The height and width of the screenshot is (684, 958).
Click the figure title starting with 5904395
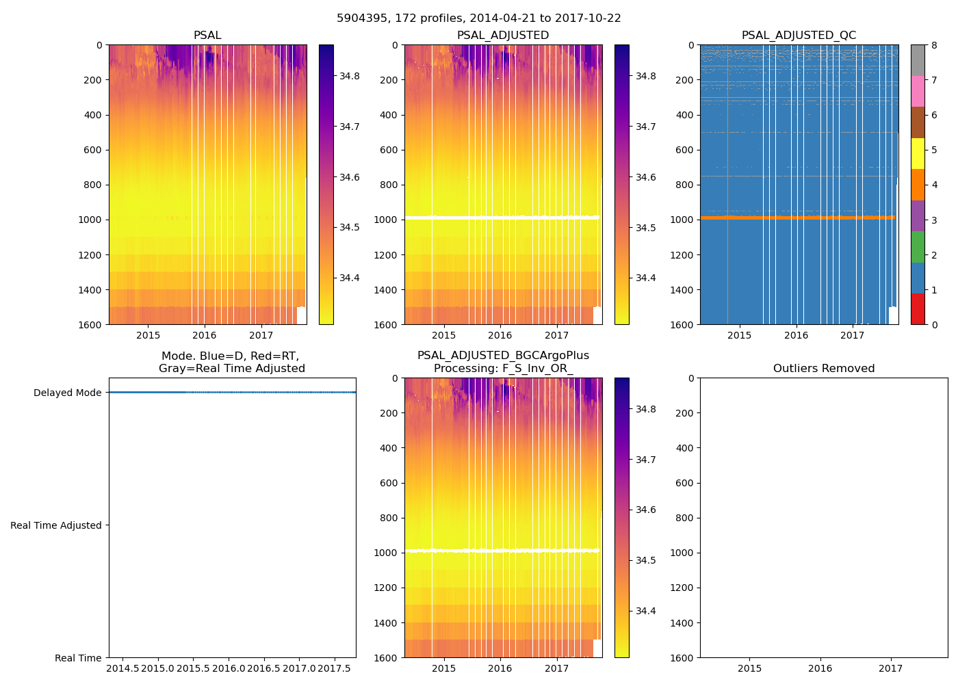[x=479, y=18]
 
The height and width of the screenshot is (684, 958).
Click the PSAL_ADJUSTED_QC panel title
[x=799, y=36]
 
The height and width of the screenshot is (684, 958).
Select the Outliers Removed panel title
[x=824, y=369]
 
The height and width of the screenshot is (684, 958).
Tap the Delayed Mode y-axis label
[x=67, y=393]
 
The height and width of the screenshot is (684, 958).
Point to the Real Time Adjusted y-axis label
[x=56, y=525]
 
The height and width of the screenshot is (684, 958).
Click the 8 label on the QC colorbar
[x=934, y=45]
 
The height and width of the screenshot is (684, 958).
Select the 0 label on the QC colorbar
[x=934, y=324]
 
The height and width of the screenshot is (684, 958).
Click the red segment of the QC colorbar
[x=918, y=308]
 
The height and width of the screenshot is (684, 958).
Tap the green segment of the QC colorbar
[x=918, y=246]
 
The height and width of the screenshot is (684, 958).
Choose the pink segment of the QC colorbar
[x=918, y=91]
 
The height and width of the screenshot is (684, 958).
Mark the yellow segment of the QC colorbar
[x=918, y=153]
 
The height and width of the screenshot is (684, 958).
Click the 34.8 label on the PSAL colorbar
[x=350, y=76]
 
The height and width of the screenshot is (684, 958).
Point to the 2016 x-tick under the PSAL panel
[x=205, y=335]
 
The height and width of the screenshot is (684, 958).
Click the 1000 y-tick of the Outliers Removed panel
[x=684, y=553]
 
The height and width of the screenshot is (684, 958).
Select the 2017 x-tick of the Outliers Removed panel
[x=891, y=668]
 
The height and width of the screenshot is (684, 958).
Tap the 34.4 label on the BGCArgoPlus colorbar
[x=646, y=611]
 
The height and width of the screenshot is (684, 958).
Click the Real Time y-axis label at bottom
[x=78, y=658]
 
